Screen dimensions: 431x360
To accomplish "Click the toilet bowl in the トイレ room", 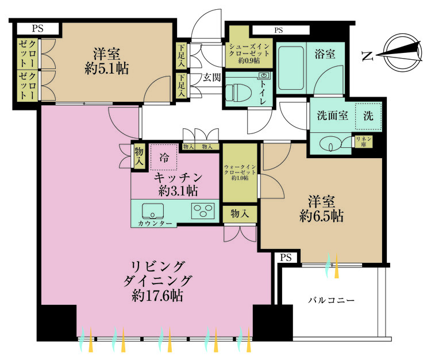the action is [238, 93].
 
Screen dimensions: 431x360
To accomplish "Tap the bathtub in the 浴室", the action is [291, 68].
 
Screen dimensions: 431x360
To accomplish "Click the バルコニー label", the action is [331, 300].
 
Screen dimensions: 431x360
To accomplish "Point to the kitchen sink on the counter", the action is [152, 211].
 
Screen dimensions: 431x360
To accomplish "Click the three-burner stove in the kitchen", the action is [203, 210].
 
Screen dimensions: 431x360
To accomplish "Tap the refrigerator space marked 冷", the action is [164, 157].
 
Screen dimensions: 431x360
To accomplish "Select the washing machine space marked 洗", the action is [368, 116].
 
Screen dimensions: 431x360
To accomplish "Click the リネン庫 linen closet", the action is [364, 141].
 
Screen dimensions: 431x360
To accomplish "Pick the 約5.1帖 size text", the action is [107, 68].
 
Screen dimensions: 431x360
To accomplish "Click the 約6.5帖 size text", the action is [321, 216].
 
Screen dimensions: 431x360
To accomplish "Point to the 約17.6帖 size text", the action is [157, 296].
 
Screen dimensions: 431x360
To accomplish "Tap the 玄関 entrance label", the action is [212, 78].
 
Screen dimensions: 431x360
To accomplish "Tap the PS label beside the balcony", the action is [286, 258].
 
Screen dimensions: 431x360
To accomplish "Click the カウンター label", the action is [153, 223].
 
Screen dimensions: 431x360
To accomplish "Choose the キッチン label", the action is [178, 177].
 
